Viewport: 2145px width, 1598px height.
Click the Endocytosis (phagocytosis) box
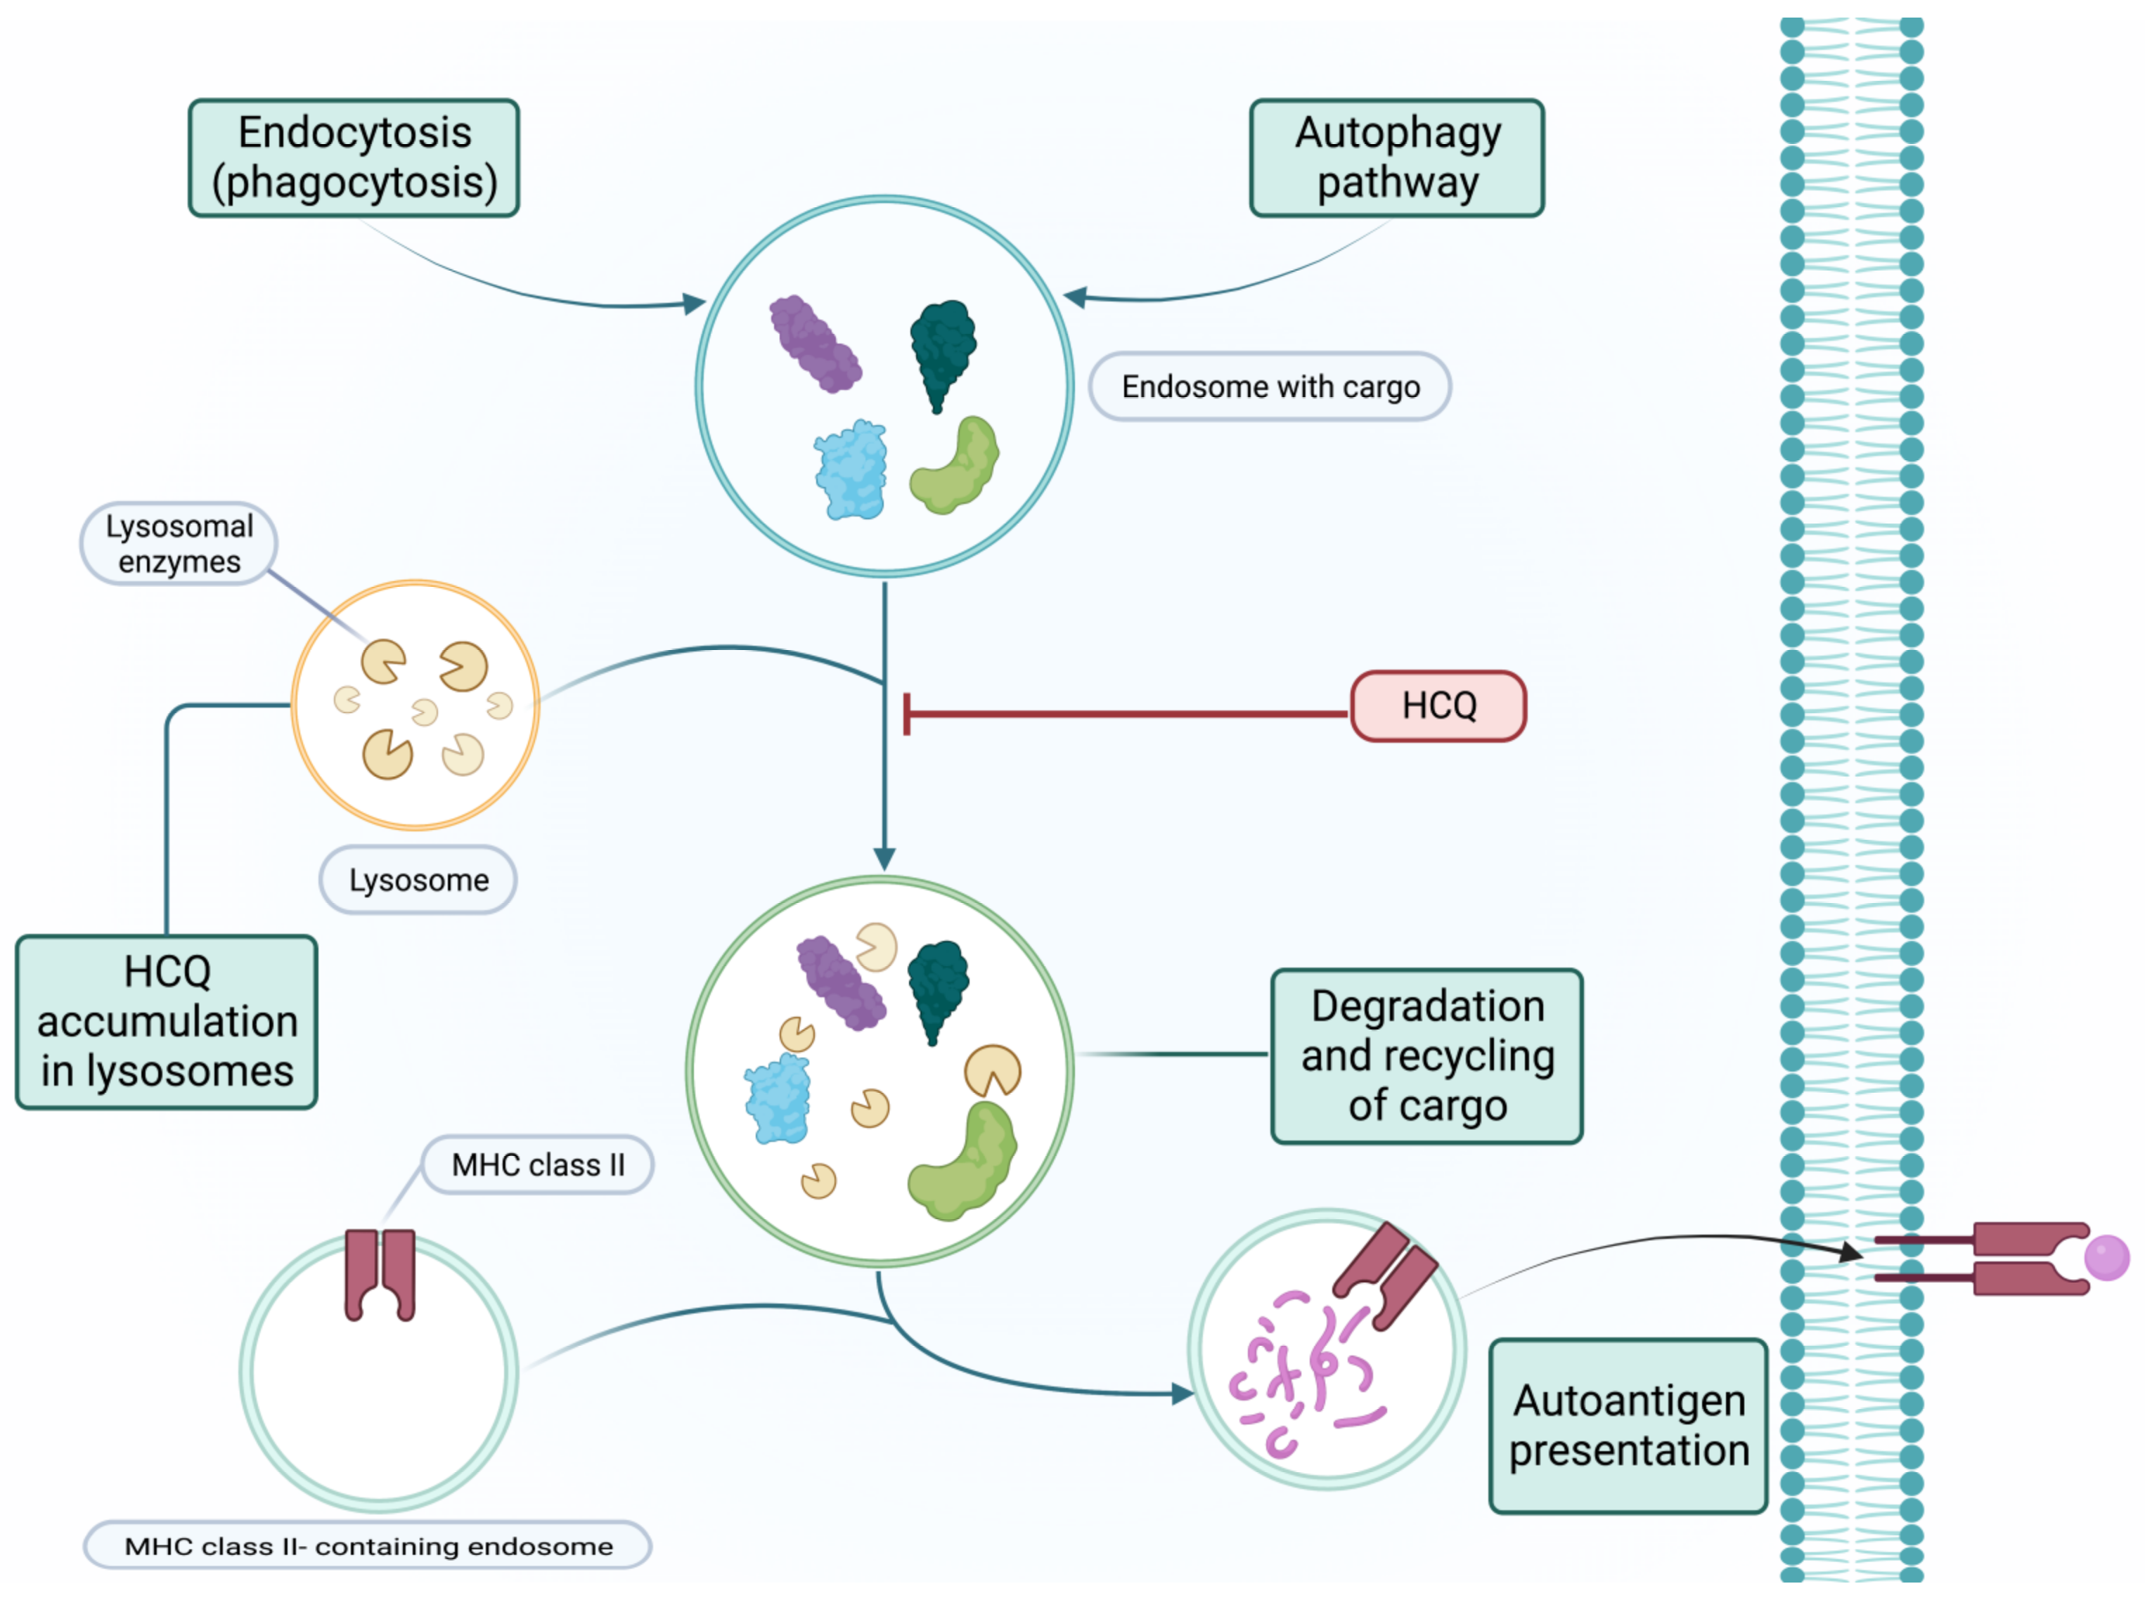click(354, 157)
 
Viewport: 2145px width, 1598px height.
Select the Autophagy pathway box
click(1396, 157)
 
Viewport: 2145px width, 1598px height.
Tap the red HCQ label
click(1438, 706)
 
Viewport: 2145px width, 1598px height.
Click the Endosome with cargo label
click(1270, 387)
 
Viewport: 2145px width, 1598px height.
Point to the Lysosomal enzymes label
click(179, 544)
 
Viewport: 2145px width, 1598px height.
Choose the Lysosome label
click(418, 881)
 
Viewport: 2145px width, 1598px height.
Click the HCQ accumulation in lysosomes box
click(167, 1022)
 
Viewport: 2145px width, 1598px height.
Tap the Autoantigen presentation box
click(1628, 1426)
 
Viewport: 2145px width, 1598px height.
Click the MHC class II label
click(538, 1164)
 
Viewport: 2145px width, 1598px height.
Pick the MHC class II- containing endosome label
click(368, 1546)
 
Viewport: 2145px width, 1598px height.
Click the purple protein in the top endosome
click(815, 344)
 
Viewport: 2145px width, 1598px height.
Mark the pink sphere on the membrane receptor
click(2106, 1257)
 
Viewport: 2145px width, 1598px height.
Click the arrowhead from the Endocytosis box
click(695, 303)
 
